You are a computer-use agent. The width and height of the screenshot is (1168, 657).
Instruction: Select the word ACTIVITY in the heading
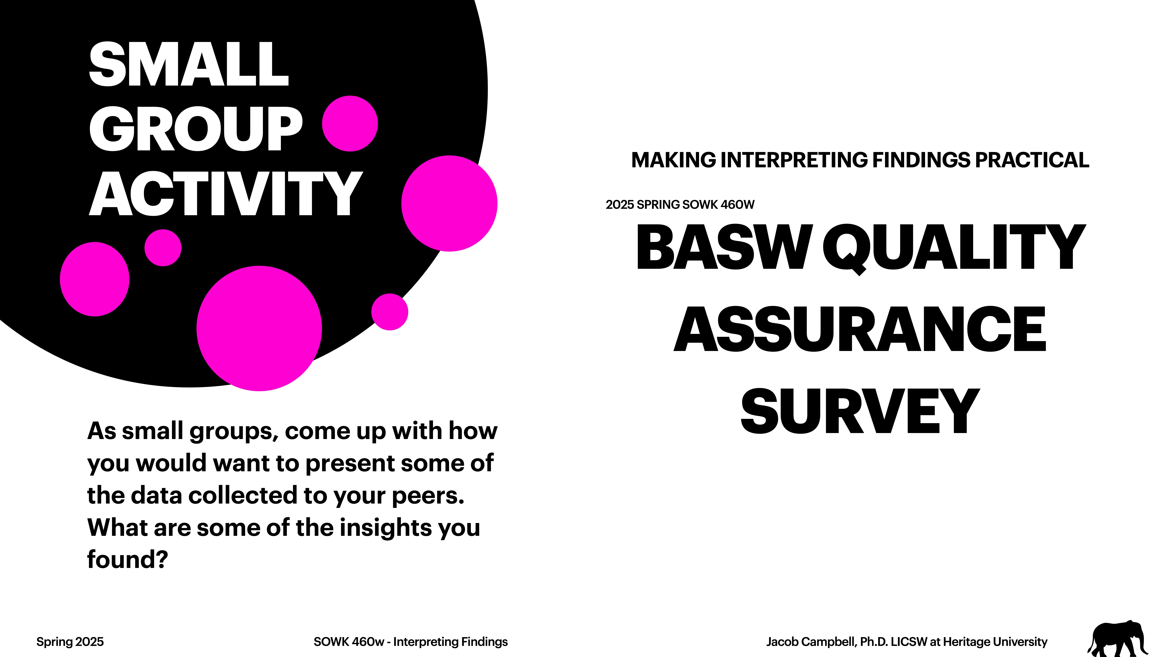pyautogui.click(x=226, y=194)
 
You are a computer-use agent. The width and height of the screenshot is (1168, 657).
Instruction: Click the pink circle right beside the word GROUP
pyautogui.click(x=350, y=123)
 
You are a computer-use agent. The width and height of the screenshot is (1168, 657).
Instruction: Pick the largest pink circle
pyautogui.click(x=259, y=328)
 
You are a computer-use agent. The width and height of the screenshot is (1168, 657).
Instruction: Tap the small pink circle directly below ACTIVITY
pyautogui.click(x=163, y=248)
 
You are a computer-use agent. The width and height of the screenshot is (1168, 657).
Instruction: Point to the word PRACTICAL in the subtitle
pyautogui.click(x=1032, y=160)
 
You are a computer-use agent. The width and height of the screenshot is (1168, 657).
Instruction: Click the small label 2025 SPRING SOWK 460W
pyautogui.click(x=680, y=205)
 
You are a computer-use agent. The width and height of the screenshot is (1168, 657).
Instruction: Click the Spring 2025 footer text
pyautogui.click(x=70, y=642)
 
